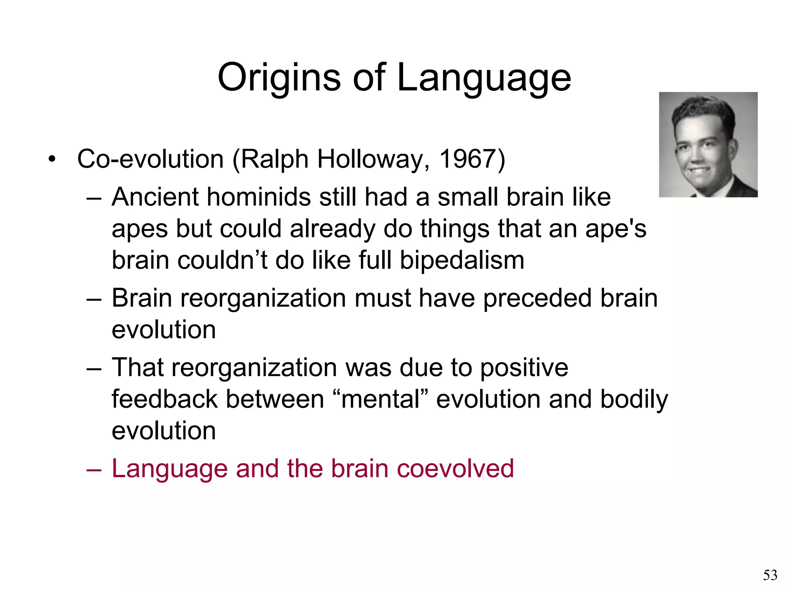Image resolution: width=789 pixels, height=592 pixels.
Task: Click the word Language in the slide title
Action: point(483,78)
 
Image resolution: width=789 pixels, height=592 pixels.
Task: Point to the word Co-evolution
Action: point(150,159)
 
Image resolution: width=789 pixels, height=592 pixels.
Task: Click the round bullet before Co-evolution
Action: point(52,159)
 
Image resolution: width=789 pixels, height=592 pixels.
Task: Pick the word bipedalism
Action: point(462,260)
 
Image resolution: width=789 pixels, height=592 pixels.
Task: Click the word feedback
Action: point(165,399)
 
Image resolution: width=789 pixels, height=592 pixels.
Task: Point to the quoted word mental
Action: point(380,399)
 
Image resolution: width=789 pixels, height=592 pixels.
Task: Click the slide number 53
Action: point(770,575)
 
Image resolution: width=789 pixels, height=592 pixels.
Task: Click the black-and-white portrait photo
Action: point(708,145)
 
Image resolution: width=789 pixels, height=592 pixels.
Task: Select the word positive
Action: point(524,368)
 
